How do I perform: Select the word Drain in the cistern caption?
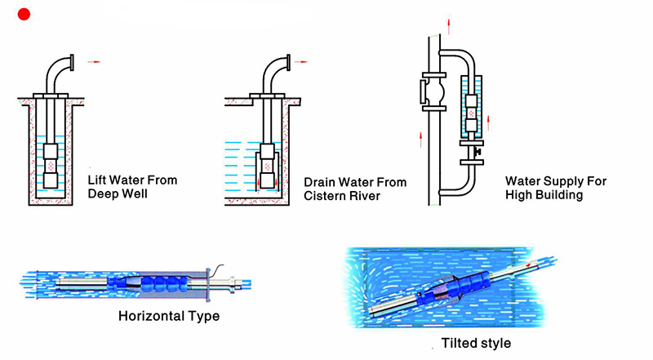[320, 182]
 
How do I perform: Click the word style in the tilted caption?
[495, 343]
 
